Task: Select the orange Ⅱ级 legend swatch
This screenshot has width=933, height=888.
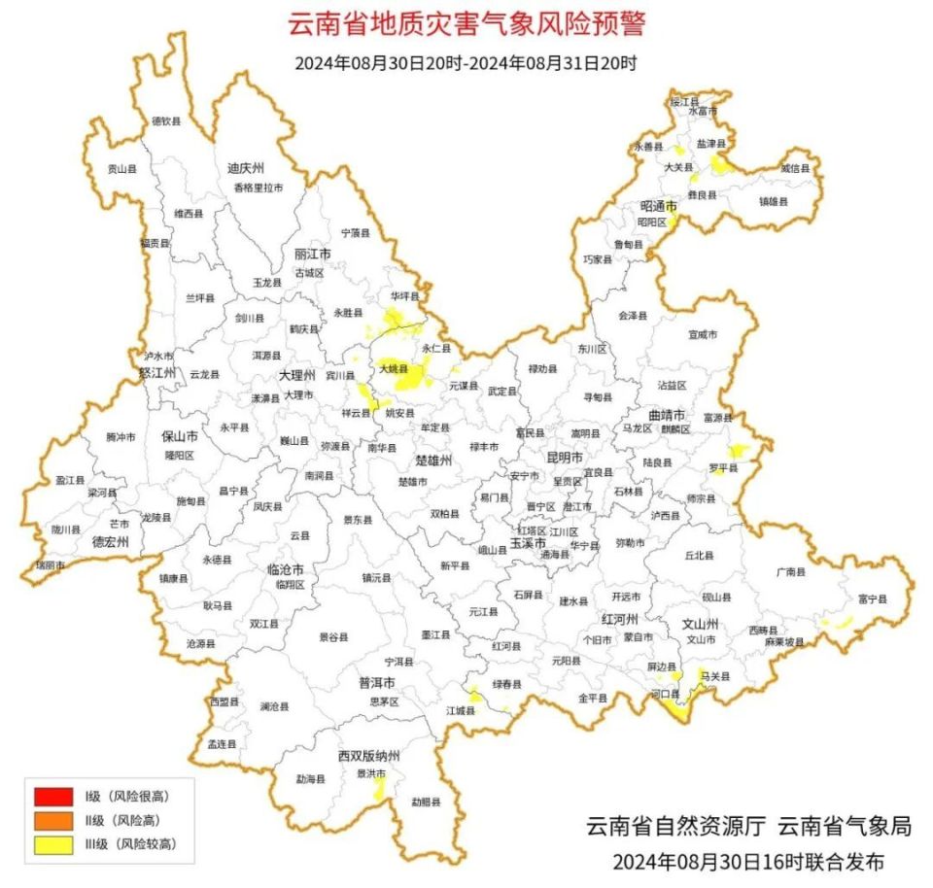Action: click(53, 821)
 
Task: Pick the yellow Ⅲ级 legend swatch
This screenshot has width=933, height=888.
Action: click(53, 844)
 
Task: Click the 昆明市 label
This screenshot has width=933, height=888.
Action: click(564, 457)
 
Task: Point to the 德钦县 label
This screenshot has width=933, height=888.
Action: click(166, 121)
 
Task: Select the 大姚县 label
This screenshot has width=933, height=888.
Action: click(393, 369)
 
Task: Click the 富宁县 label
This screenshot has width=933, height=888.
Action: click(872, 600)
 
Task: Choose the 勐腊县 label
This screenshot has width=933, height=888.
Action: click(425, 803)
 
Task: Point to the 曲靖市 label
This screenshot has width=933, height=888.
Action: click(667, 415)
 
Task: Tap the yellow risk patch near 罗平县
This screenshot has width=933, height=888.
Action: click(739, 451)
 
